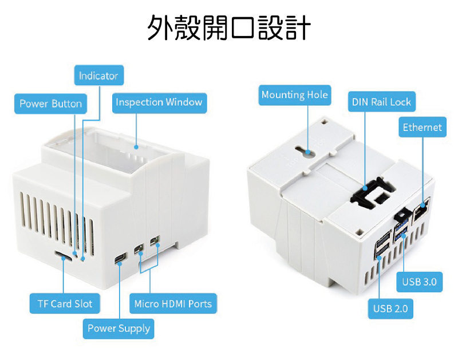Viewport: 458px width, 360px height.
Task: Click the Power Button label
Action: (50, 104)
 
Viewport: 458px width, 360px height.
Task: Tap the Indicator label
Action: (98, 76)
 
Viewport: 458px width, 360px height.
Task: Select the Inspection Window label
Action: (159, 102)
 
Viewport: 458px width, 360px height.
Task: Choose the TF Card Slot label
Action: (65, 303)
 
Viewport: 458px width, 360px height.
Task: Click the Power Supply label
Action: (119, 329)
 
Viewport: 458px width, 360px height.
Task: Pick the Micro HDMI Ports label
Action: (172, 303)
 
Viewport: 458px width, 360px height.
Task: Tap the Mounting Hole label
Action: (295, 94)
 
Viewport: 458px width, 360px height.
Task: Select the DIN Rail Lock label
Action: (381, 102)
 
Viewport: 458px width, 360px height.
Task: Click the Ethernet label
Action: (422, 127)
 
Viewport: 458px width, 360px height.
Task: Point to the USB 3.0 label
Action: (419, 282)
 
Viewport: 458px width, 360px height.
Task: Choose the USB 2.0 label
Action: (390, 309)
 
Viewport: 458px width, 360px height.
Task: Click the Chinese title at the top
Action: (229, 27)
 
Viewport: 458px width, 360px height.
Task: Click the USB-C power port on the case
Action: (120, 259)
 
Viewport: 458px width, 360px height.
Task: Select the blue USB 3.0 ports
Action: (401, 226)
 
